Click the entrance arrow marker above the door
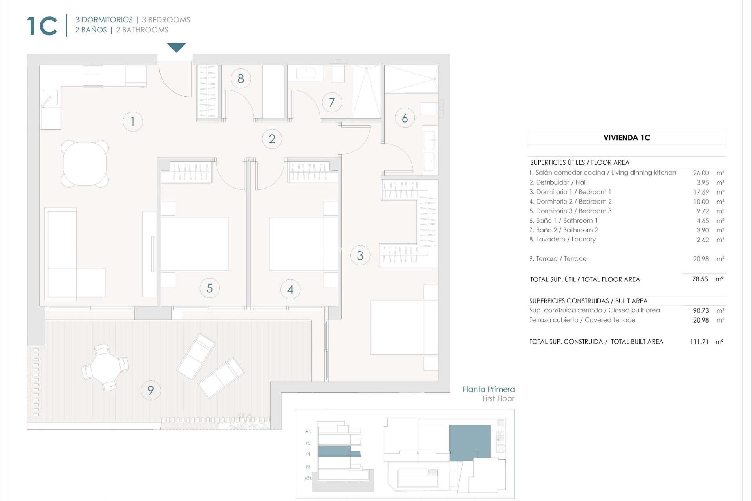(176, 47)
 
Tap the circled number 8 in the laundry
(240, 79)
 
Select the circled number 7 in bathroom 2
(332, 103)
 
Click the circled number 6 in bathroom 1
(405, 118)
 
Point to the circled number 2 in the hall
(272, 139)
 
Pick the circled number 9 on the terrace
(150, 390)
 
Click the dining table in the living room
(85, 164)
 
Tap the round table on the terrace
(105, 368)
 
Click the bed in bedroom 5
(195, 244)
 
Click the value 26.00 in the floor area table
(701, 173)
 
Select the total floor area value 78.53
(700, 279)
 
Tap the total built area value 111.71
(699, 342)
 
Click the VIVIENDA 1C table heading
(626, 137)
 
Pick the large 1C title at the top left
(42, 26)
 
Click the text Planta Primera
(488, 389)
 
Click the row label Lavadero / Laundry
(562, 239)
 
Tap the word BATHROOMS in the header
(145, 30)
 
